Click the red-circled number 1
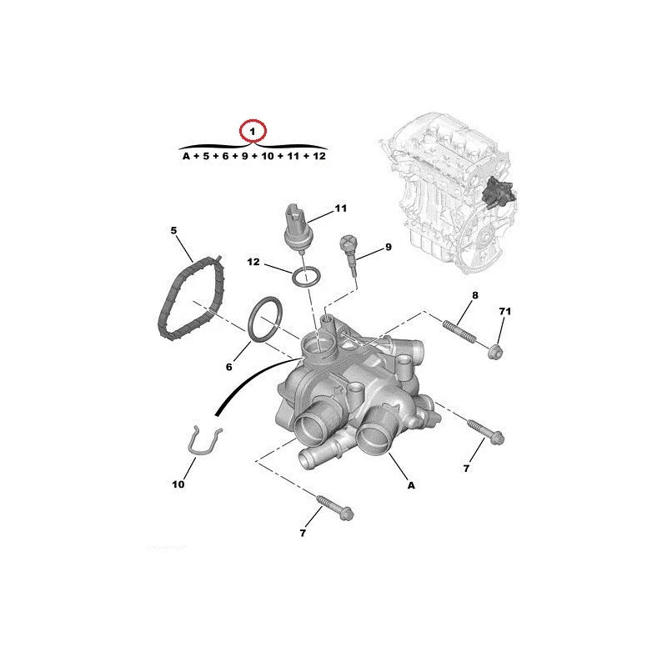253,132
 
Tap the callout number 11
341,208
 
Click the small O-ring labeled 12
305,277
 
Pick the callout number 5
173,231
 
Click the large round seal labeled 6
264,319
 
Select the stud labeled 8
459,331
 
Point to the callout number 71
505,311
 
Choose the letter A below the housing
411,485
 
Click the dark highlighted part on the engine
498,193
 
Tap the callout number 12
253,262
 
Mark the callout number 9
388,247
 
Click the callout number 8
475,295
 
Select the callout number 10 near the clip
178,484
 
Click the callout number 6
228,367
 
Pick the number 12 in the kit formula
319,156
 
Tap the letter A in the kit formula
186,156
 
